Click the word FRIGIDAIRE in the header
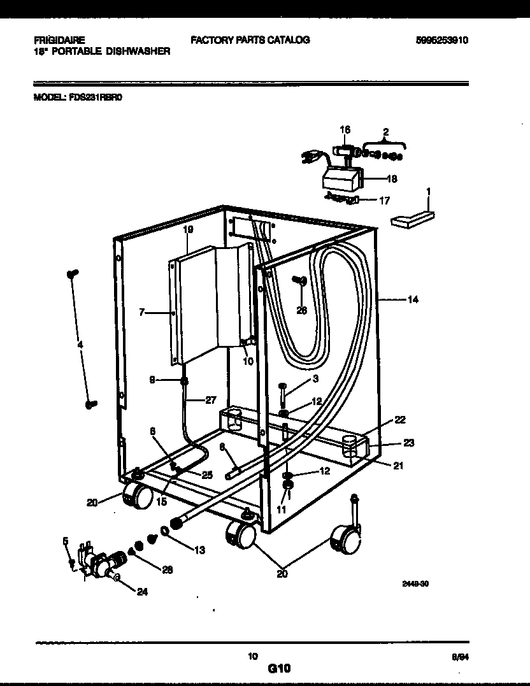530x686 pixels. tap(59, 39)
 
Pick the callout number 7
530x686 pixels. tap(141, 312)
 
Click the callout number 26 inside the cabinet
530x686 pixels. tap(301, 310)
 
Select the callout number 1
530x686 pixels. tap(428, 191)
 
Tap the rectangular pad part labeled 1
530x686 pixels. tap(413, 218)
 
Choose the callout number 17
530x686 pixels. tap(384, 200)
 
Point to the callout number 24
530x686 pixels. tap(142, 590)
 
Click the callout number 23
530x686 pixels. tap(408, 443)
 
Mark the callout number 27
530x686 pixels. tap(210, 400)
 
